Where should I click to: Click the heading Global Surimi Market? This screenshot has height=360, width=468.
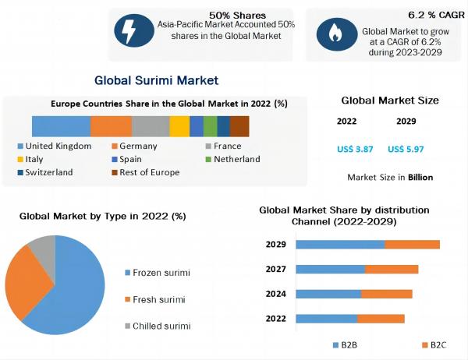(156, 80)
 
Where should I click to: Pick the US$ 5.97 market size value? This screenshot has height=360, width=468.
(406, 149)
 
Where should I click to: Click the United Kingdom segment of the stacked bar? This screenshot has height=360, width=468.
(61, 126)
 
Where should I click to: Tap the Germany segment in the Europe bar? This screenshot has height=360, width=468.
(111, 126)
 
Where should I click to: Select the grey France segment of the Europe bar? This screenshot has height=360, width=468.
(151, 126)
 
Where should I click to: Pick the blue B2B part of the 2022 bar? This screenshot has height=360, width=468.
(327, 318)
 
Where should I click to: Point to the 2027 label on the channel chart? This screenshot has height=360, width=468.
(275, 270)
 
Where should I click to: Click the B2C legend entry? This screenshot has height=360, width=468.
(434, 344)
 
